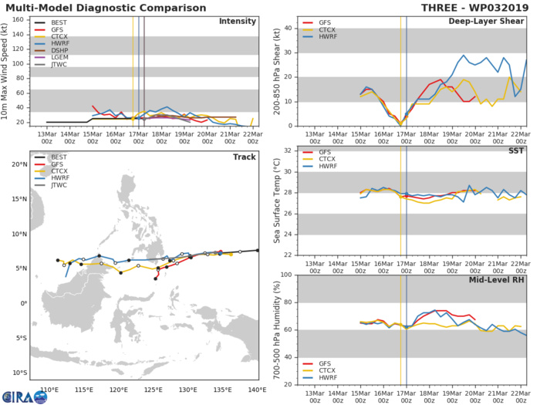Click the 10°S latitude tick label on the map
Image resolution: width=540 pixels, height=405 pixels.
tap(21, 373)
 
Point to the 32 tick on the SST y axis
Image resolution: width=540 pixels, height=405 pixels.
tap(292, 150)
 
